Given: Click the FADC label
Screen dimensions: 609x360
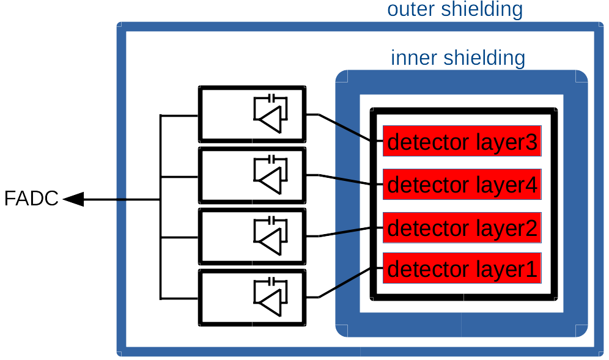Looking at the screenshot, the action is [31, 198].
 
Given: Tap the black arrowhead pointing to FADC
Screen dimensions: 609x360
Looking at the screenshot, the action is [74, 199].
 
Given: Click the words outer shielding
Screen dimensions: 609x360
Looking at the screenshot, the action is [455, 9].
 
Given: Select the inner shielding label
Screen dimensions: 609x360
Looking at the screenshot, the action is [458, 58].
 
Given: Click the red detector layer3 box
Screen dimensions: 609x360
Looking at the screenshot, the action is [462, 141].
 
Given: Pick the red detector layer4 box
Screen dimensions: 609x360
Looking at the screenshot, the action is [462, 184].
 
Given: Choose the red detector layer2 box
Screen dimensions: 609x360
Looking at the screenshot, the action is [462, 227].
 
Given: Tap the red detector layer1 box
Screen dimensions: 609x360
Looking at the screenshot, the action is [462, 268].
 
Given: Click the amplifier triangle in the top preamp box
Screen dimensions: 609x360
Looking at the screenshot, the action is [270, 120].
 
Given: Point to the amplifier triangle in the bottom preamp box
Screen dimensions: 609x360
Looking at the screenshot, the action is [270, 303].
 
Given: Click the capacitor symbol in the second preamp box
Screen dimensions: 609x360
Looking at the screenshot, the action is [271, 159].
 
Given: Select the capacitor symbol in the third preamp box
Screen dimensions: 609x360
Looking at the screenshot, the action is [271, 220].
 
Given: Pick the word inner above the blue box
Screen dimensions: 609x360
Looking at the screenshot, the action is [415, 58].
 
